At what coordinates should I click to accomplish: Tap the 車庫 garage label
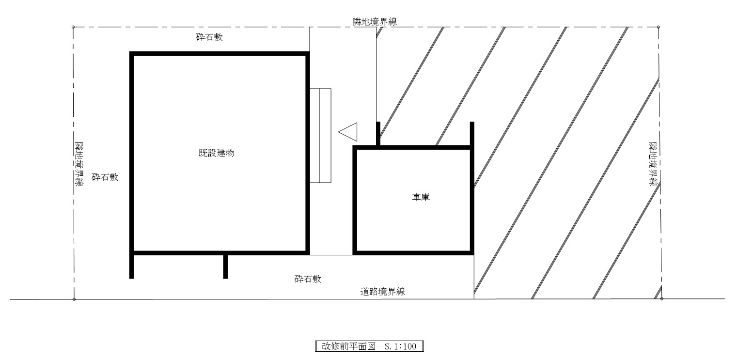tap(419, 197)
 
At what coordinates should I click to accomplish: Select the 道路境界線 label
tap(383, 292)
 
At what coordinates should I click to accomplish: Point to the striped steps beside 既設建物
tap(320, 136)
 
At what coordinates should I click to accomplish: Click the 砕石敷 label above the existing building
tap(209, 37)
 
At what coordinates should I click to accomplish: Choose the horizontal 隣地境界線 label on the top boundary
tap(376, 21)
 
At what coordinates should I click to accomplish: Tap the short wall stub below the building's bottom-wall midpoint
tap(225, 266)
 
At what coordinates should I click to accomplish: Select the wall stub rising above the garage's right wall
tap(472, 134)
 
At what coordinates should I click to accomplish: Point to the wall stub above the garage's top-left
tap(378, 134)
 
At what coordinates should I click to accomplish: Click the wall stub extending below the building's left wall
tap(131, 266)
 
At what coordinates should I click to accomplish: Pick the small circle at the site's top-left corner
tap(73, 27)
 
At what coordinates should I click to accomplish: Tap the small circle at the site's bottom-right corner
tap(661, 299)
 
